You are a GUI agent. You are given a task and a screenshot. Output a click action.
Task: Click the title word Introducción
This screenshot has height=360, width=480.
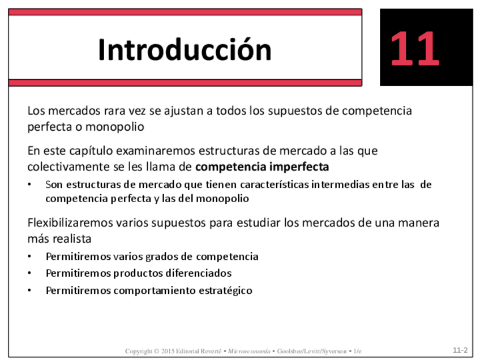pyautogui.click(x=185, y=49)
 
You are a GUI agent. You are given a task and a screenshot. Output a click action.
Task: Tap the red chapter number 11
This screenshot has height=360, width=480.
pyautogui.click(x=415, y=48)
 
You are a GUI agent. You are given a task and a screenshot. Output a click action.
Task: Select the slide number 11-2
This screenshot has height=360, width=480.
pyautogui.click(x=460, y=350)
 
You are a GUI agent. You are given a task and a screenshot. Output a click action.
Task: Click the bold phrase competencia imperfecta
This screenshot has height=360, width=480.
pyautogui.click(x=262, y=167)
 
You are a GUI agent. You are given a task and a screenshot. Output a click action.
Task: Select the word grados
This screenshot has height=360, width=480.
pyautogui.click(x=161, y=256)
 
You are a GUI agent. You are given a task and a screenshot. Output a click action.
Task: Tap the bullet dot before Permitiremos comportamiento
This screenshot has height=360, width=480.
pyautogui.click(x=29, y=290)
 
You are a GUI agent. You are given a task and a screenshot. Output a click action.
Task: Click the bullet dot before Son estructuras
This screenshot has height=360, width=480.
pyautogui.click(x=29, y=185)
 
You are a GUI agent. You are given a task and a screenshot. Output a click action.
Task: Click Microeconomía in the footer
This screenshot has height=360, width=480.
pyautogui.click(x=249, y=351)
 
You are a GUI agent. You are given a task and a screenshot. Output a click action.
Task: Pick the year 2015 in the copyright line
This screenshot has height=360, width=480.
pyautogui.click(x=168, y=351)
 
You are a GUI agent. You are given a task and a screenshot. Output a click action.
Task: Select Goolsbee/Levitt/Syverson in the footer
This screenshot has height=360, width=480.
pyautogui.click(x=312, y=351)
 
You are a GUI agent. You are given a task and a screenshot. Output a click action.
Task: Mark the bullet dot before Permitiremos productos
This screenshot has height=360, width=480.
pyautogui.click(x=29, y=273)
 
